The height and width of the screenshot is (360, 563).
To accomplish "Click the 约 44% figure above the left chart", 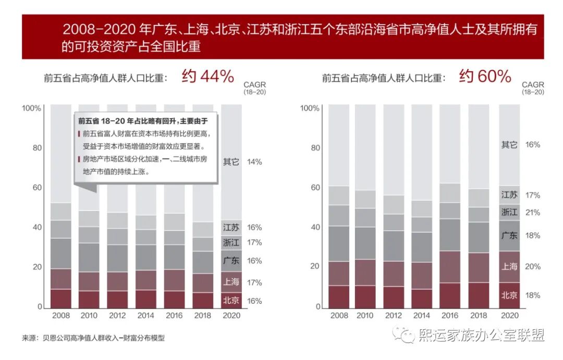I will [207, 77].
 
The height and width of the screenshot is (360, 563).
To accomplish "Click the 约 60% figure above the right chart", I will [485, 77].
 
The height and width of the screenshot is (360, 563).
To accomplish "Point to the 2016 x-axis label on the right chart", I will [450, 316].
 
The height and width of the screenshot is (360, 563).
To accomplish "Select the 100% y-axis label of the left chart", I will [31, 108].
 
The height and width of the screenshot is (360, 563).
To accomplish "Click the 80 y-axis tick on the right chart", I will [314, 147].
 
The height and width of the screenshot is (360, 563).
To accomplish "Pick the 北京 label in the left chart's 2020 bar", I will [231, 300].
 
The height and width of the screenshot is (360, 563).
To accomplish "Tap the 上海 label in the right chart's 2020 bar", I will [509, 266].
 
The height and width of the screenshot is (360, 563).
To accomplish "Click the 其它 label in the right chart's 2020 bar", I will [509, 145].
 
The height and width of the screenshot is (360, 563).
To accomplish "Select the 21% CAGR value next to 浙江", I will [533, 213].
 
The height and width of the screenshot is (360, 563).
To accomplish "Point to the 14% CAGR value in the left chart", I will [254, 162].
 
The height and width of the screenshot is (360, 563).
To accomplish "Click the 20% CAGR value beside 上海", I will [533, 267].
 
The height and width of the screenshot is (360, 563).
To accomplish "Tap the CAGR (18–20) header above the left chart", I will [254, 88].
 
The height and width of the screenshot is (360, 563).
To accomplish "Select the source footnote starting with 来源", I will [93, 338].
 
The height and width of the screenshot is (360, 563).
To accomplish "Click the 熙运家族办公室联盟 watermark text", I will [481, 335].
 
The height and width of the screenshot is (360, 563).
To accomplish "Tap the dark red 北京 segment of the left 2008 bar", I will [61, 298].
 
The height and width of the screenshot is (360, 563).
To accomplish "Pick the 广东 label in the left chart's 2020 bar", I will [231, 260].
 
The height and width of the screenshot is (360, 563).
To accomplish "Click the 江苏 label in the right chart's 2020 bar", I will [509, 195].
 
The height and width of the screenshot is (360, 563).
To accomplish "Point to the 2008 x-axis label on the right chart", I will [339, 316].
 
